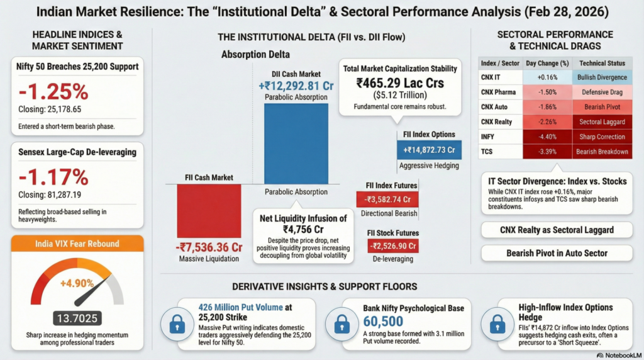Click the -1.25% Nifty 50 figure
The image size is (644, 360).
54,92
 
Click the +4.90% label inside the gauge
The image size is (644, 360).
76,283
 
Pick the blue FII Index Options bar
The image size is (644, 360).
429,150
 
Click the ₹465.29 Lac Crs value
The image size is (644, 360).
400,82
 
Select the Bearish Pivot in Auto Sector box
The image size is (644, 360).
557,253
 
